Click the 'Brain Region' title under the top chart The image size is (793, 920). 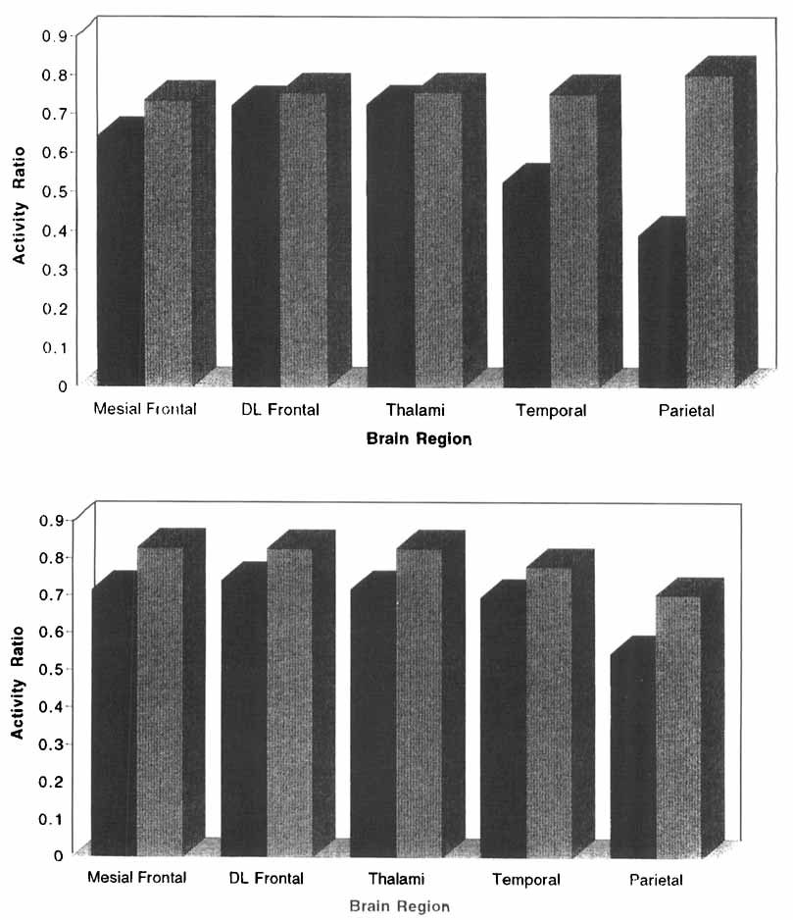(419, 439)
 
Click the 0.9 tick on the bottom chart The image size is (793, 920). (52, 520)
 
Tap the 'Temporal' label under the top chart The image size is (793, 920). (551, 411)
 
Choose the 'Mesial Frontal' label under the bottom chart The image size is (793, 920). (137, 877)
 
